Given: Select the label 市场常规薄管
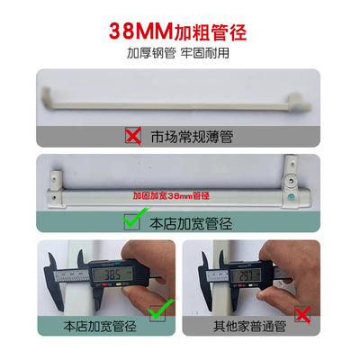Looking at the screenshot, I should [x=192, y=137].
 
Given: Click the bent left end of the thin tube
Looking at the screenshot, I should [x=44, y=91].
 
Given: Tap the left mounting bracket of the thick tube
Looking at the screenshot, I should [x=57, y=176].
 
